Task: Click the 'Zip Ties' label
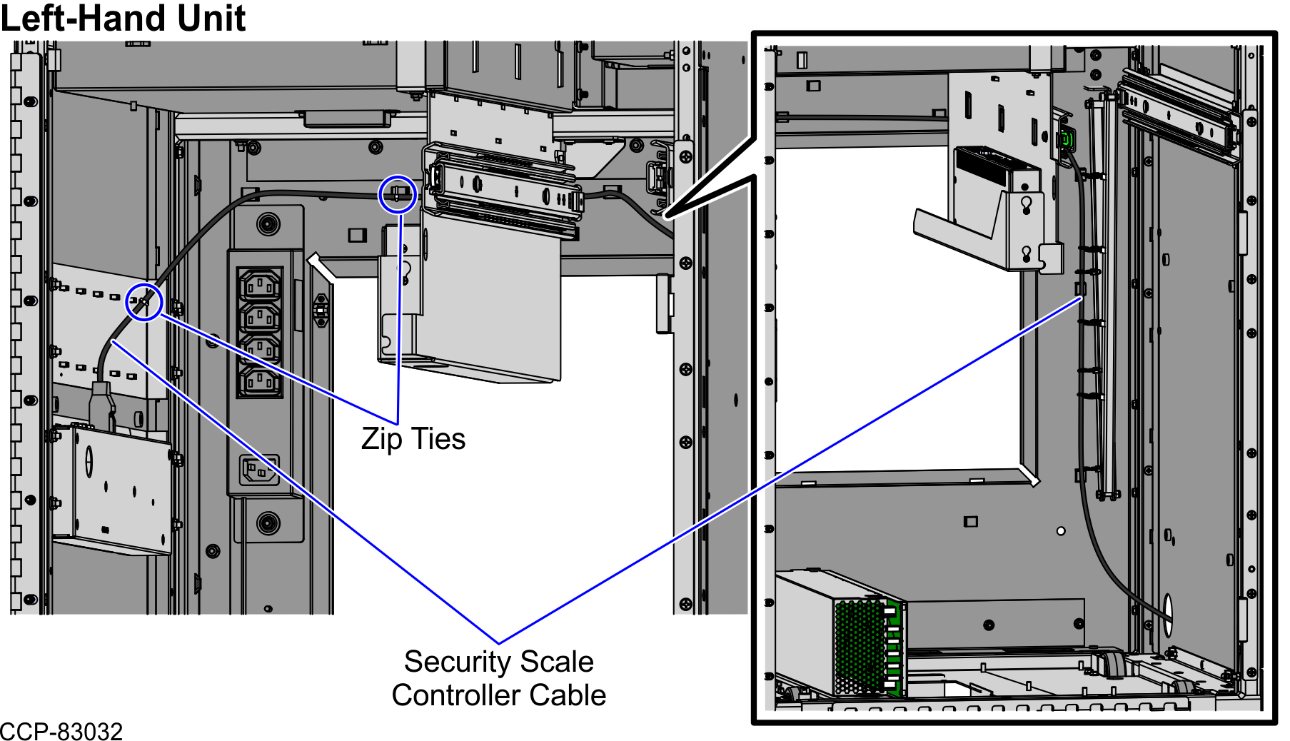point(413,438)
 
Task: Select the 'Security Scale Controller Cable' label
point(499,678)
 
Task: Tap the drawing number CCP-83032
point(61,732)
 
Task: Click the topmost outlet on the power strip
point(260,284)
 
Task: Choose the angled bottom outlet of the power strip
point(259,470)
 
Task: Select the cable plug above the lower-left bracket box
point(101,405)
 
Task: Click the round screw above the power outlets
point(268,224)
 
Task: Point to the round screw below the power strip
point(268,523)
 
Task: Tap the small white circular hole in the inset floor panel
point(1061,531)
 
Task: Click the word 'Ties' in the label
point(438,438)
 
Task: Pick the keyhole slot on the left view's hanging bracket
point(405,271)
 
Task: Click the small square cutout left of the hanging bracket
point(357,235)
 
